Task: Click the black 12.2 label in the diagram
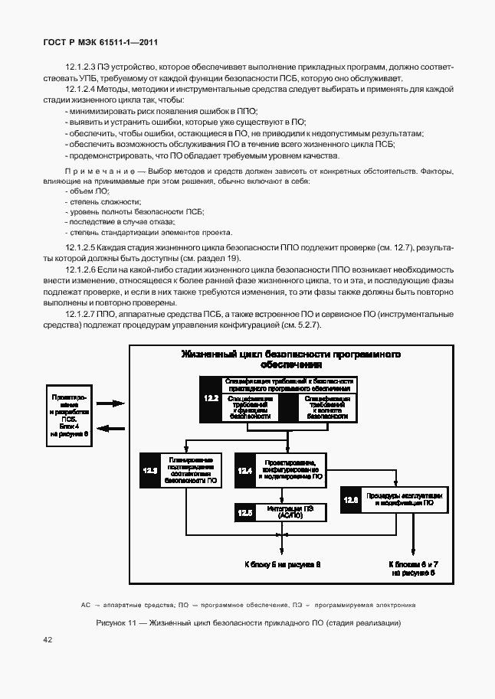point(211,399)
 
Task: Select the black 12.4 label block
point(245,470)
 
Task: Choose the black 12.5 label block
point(245,513)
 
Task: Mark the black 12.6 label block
point(351,500)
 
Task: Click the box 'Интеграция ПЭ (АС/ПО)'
point(292,513)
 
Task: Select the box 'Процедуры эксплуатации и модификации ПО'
point(399,500)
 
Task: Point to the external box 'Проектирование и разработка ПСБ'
point(70,415)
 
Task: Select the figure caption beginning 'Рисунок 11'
point(248,622)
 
